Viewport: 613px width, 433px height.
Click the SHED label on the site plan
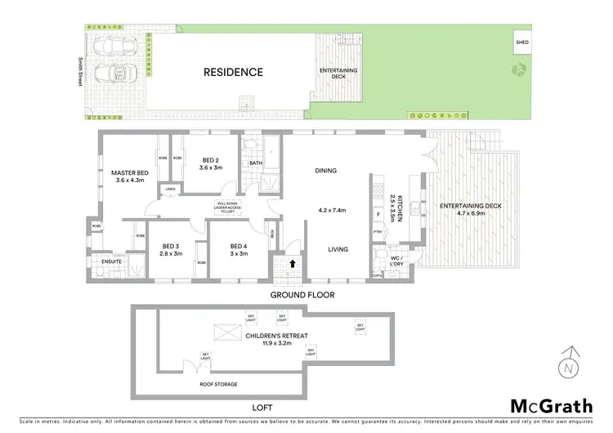(521, 40)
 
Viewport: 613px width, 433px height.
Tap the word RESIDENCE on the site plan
(233, 72)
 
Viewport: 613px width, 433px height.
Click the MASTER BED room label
(130, 172)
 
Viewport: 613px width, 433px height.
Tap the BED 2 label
(210, 162)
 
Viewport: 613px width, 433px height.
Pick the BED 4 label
(238, 247)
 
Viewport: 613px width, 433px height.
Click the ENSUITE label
(103, 261)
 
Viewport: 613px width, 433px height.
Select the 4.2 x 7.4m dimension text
(333, 210)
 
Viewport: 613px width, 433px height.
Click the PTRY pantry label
(378, 234)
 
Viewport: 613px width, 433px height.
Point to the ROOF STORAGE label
(218, 384)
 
